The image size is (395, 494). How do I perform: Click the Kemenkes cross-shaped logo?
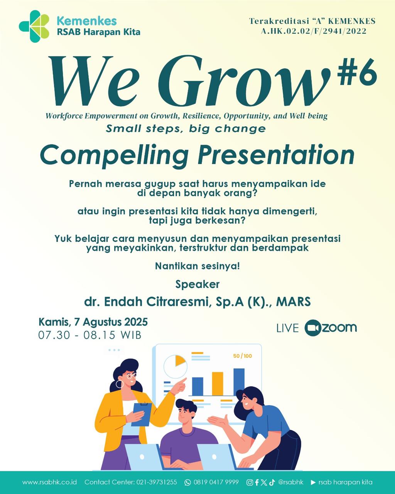(x=34, y=26)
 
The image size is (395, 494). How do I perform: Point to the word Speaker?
(x=197, y=284)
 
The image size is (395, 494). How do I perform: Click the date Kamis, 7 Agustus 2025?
(x=93, y=322)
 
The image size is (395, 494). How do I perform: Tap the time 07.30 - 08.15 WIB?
(x=89, y=335)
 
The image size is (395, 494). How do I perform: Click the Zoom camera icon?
(x=312, y=328)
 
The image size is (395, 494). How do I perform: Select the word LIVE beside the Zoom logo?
(x=287, y=328)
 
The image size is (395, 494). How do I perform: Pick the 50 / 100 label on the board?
(x=242, y=356)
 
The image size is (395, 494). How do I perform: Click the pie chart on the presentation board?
(x=176, y=367)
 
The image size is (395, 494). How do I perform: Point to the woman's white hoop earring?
(x=119, y=384)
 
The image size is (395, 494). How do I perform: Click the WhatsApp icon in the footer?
(x=187, y=482)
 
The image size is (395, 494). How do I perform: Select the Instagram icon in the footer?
(x=250, y=482)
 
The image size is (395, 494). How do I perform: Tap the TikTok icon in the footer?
(x=272, y=482)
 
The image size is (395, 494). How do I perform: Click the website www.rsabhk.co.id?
(x=50, y=482)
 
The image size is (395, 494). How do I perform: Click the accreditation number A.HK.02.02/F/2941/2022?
(x=314, y=31)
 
